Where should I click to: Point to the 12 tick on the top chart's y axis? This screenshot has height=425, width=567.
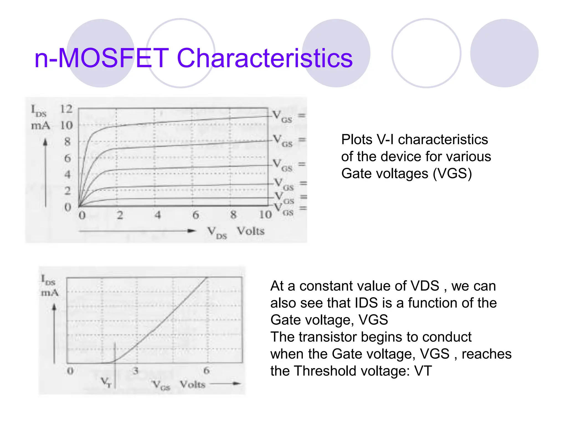(x=66, y=109)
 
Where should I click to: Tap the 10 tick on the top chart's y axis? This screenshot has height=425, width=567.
(x=66, y=125)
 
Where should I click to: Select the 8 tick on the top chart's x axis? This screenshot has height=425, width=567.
(x=233, y=215)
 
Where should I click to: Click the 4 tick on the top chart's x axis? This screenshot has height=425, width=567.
(x=158, y=215)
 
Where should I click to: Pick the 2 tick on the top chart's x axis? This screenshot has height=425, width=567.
(x=120, y=215)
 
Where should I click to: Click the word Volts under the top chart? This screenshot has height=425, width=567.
(x=251, y=231)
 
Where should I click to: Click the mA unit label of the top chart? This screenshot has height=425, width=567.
(x=40, y=126)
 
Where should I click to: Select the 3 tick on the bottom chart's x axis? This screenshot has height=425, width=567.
(x=135, y=371)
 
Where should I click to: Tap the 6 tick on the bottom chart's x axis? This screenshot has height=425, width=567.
(x=207, y=371)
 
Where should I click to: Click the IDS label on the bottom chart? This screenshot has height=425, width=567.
(x=48, y=280)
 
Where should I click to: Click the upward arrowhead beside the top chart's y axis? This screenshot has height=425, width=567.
(x=45, y=142)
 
